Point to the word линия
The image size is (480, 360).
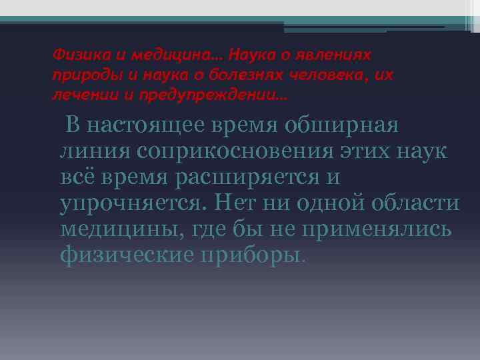coord(94,151)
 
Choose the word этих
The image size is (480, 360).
coord(368,151)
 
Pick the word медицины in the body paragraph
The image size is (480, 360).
coord(123,229)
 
